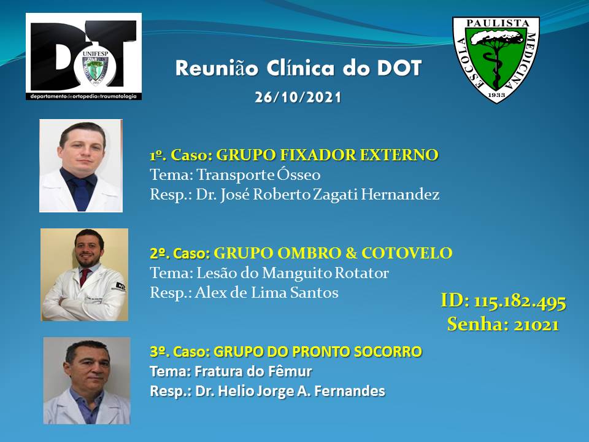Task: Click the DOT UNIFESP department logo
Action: (84, 56)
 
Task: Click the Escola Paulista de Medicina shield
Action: (496, 60)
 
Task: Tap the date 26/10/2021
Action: (298, 98)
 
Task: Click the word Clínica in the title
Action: (301, 68)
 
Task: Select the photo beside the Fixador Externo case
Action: (81, 166)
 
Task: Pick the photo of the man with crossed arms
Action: (85, 275)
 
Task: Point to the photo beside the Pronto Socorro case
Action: (87, 381)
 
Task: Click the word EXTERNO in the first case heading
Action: (399, 155)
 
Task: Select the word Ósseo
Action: (299, 175)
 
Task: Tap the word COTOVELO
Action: (407, 254)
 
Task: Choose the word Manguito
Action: (297, 273)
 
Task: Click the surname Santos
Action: (314, 292)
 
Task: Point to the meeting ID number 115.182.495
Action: (520, 301)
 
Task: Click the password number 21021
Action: (536, 325)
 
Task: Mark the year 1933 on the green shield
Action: (496, 95)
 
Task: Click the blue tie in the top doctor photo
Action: (81, 193)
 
